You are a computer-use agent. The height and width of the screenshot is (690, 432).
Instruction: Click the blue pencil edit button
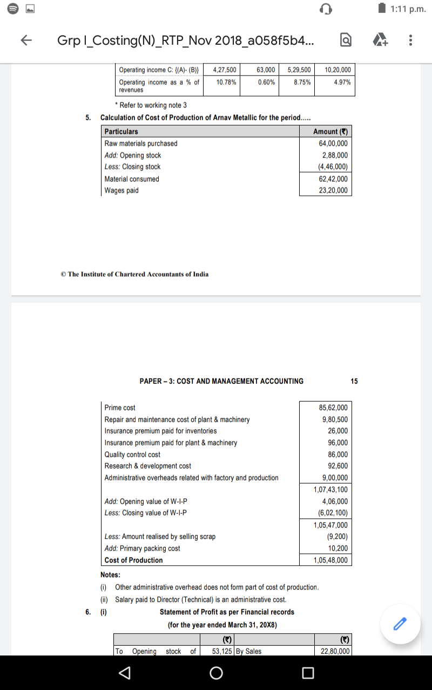399,624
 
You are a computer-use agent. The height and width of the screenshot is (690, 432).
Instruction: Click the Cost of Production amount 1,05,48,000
331,560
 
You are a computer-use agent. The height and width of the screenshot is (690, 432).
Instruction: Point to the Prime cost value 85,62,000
333,408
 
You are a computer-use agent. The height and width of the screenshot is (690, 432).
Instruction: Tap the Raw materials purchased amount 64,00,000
333,143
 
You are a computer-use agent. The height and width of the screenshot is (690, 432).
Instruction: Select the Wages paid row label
122,190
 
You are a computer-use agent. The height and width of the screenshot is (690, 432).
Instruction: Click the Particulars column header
121,132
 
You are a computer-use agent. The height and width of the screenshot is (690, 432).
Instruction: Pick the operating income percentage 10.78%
226,82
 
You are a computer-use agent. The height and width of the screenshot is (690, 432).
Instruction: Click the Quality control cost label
132,454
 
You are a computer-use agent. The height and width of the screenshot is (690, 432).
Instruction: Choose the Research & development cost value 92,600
337,466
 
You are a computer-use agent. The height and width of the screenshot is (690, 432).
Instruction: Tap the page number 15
354,381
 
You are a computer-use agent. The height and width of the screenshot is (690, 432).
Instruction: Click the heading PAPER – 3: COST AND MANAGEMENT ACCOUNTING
221,381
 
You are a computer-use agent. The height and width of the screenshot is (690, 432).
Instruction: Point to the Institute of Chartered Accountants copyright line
134,274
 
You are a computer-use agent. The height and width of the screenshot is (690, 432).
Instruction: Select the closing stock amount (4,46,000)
333,167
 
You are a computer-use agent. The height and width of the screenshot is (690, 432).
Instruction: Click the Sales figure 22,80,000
335,651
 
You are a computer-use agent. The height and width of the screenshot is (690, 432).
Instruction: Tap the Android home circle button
216,673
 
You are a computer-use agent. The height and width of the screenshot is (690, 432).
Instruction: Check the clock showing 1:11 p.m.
408,9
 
